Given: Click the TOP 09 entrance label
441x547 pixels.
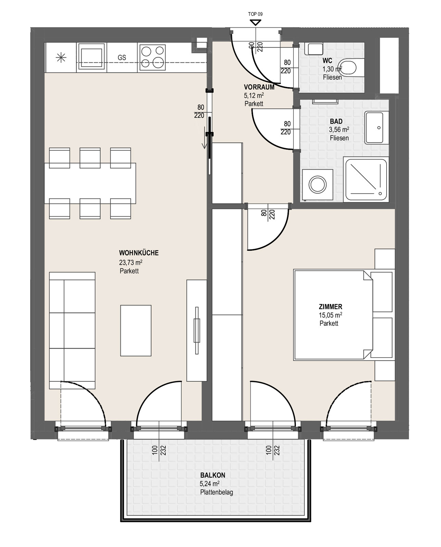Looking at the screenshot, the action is pyautogui.click(x=255, y=14).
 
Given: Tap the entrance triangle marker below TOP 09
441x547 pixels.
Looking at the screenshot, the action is pyautogui.click(x=255, y=23).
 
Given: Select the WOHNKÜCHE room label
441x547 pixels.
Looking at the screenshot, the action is pyautogui.click(x=139, y=253).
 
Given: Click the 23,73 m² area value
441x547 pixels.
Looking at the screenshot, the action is pyautogui.click(x=130, y=262).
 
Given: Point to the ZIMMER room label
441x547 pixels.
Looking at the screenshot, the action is pyautogui.click(x=330, y=307).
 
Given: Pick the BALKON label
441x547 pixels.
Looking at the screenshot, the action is pyautogui.click(x=213, y=475).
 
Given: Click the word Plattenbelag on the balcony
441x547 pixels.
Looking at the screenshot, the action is pyautogui.click(x=216, y=492).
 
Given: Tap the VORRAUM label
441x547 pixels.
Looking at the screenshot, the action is pyautogui.click(x=259, y=87).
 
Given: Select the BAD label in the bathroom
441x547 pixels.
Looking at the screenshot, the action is pyautogui.click(x=336, y=121).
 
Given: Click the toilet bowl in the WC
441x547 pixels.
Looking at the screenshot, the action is pyautogui.click(x=351, y=68).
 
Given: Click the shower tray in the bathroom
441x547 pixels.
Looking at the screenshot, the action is pyautogui.click(x=366, y=179).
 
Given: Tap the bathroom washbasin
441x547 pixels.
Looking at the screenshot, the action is pyautogui.click(x=374, y=128).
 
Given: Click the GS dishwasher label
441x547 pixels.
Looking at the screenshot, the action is pyautogui.click(x=122, y=58).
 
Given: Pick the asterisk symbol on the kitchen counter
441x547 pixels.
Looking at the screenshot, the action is pyautogui.click(x=61, y=58).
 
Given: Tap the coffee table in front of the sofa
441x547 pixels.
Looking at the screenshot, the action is pyautogui.click(x=136, y=331).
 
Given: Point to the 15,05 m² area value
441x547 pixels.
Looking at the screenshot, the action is pyautogui.click(x=330, y=315).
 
